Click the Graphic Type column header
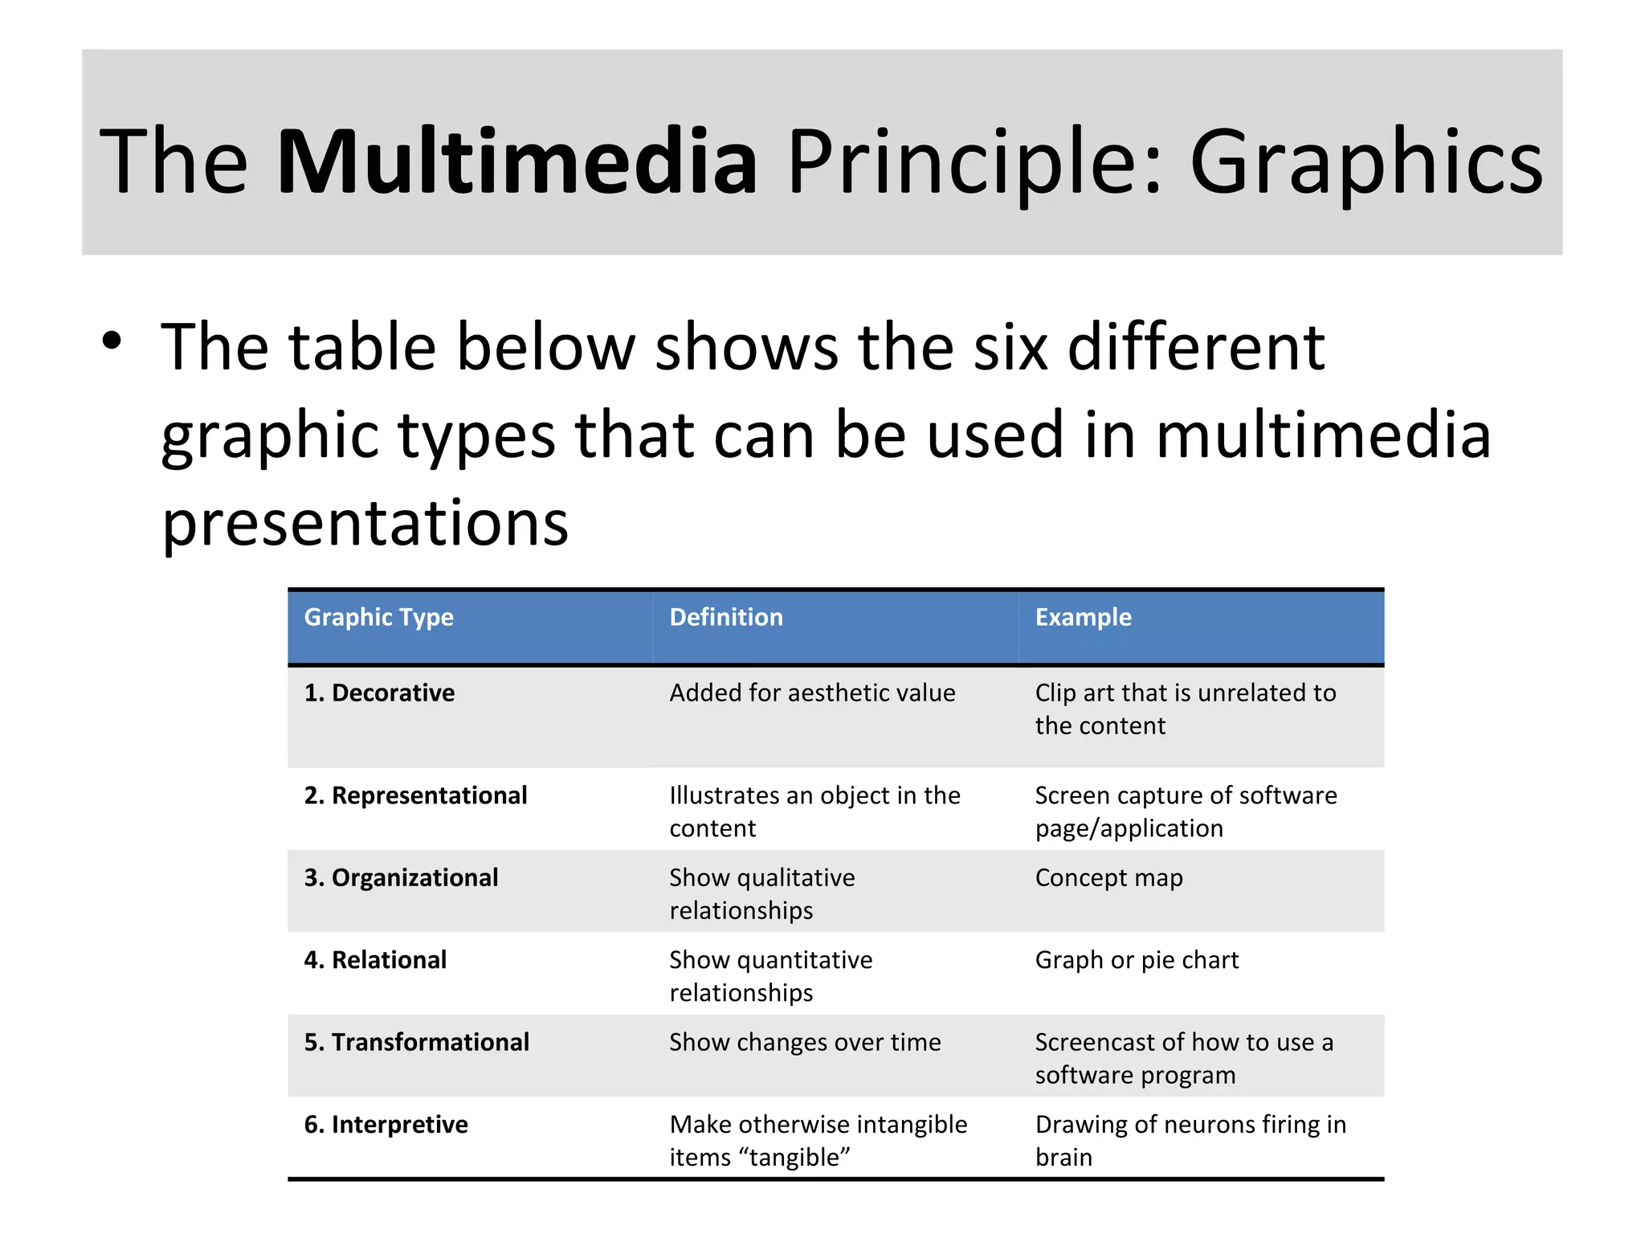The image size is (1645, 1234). pos(378,617)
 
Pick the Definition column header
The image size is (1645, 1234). pos(726,617)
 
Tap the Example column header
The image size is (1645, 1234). pos(1083,617)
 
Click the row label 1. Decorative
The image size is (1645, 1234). pos(379,693)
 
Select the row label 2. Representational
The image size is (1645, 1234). pos(415,795)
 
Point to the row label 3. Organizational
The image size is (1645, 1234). pos(401,877)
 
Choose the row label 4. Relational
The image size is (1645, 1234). pos(375,960)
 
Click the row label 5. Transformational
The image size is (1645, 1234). pos(416,1042)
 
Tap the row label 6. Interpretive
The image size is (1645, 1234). pos(386,1125)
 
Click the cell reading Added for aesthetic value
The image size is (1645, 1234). pos(812,693)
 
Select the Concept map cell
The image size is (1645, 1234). pos(1108,878)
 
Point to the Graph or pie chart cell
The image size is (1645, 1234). pos(1137,960)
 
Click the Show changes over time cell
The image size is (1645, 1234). pos(805,1042)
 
